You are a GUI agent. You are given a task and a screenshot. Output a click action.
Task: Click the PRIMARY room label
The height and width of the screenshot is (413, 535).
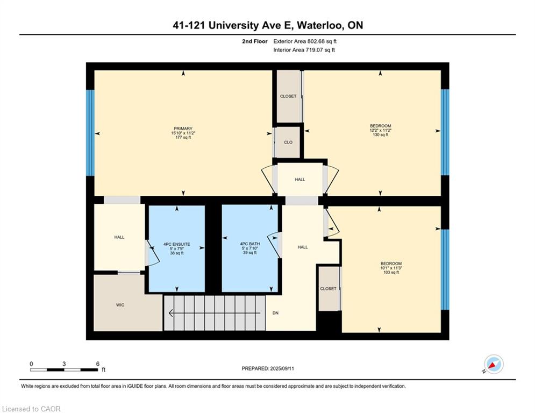[183, 129]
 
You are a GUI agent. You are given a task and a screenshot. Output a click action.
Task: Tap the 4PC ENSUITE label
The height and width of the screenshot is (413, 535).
[177, 244]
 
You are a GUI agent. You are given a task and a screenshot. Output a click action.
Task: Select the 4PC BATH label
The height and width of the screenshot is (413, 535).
[250, 244]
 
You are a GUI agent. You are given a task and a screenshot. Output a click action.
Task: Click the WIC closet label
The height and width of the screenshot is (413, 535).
[120, 305]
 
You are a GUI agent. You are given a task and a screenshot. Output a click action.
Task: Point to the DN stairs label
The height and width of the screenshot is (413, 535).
[275, 313]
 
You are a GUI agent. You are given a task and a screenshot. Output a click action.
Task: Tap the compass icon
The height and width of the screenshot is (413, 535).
[494, 364]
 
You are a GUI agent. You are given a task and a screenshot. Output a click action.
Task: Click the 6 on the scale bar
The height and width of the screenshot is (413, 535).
[97, 364]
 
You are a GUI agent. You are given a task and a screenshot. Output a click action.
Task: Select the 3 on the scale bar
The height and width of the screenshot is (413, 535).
[64, 364]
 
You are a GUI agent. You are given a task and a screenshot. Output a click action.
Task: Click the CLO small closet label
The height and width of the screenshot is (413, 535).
[288, 143]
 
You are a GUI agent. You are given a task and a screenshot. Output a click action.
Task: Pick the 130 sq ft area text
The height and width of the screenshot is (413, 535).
[381, 135]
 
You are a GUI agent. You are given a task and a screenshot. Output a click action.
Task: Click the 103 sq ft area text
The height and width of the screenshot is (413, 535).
[391, 272]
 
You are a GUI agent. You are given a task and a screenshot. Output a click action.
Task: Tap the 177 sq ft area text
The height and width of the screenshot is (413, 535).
[183, 138]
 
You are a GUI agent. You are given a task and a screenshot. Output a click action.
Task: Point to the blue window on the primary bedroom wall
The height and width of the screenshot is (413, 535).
[90, 133]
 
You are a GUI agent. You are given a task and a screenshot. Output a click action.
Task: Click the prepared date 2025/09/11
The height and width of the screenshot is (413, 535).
[282, 368]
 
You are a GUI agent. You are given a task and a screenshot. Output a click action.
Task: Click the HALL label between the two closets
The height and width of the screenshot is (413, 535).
[300, 180]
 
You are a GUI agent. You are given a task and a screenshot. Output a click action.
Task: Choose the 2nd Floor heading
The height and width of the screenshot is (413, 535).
[255, 41]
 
